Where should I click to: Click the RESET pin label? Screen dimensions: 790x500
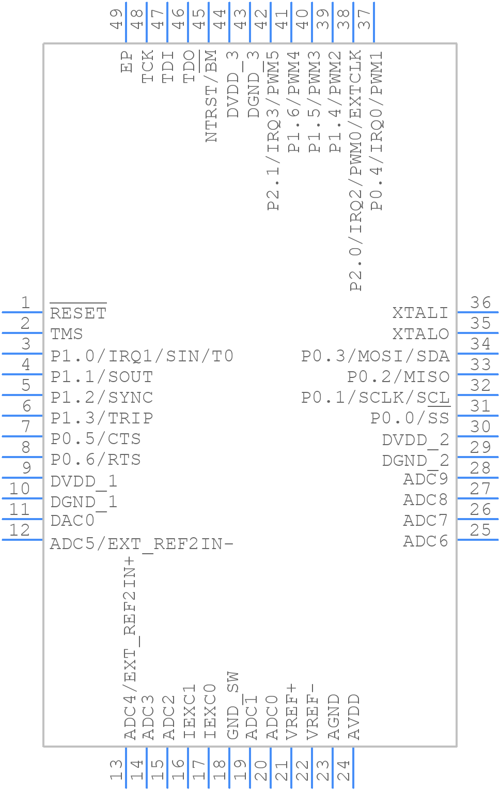78,313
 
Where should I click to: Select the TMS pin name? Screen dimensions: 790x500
67,334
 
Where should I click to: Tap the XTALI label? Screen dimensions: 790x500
420,313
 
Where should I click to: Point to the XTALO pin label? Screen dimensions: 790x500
420,334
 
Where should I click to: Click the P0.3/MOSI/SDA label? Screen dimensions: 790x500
376,356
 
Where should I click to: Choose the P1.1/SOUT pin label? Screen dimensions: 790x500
102,376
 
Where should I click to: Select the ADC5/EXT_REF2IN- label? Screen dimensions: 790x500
142,543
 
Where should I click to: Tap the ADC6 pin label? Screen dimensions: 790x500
426,541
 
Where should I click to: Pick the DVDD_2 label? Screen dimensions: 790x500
415,440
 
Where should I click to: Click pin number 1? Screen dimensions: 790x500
25,302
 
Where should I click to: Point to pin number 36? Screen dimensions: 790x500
480,302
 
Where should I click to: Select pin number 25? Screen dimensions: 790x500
480,530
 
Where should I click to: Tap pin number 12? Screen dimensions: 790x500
20,530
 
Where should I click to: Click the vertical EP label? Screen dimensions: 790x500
127,62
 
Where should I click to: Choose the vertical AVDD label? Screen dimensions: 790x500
354,717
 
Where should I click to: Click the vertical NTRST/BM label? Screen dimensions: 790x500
211,96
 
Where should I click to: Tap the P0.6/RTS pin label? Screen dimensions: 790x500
96,459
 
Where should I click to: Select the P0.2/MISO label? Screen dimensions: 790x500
398,376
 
